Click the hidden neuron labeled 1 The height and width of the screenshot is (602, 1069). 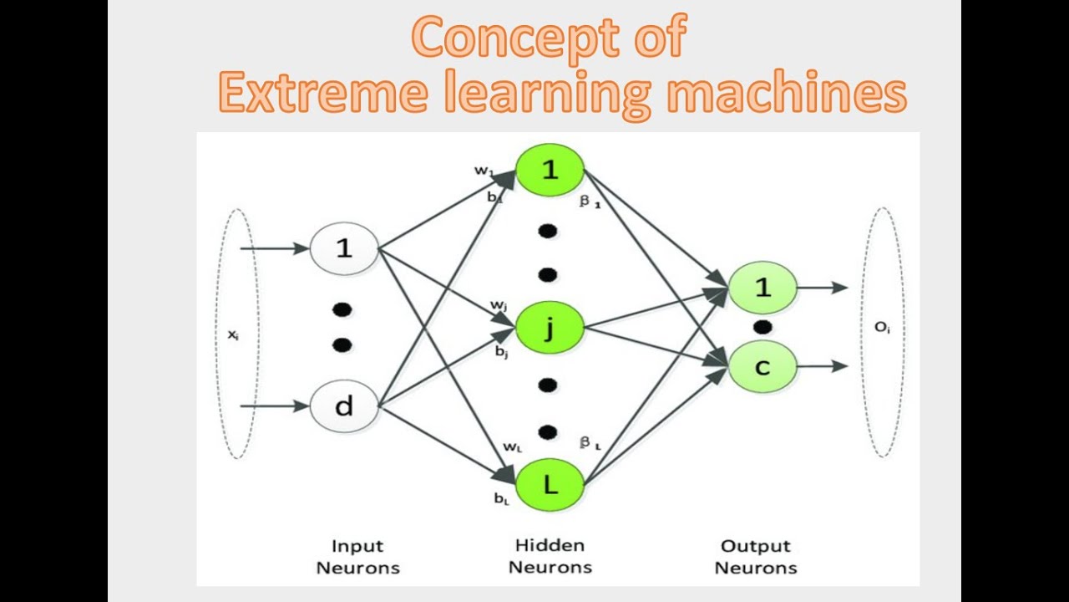pos(549,170)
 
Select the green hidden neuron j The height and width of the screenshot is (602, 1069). pos(549,329)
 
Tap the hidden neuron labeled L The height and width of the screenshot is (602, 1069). pos(549,484)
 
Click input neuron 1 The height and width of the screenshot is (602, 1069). pos(344,248)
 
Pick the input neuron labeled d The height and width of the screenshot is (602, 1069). pos(344,407)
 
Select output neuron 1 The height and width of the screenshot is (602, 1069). pos(762,288)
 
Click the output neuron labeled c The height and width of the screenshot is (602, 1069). pos(762,366)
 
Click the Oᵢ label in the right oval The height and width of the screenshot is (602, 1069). pos(883,328)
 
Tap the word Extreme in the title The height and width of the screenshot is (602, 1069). pos(317,94)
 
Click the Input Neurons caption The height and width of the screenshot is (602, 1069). pos(357,557)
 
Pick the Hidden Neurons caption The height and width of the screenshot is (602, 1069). pos(550,556)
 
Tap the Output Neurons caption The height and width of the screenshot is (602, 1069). pos(756,557)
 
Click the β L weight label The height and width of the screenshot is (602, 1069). pos(590,444)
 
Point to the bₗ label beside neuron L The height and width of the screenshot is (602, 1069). pos(501,500)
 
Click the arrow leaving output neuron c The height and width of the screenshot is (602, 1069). pos(823,366)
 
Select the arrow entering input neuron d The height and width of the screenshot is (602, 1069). pos(276,407)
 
